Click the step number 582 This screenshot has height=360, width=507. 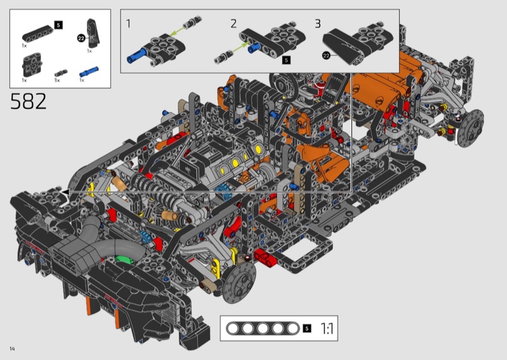[x=29, y=101]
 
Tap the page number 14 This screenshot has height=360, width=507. [x=12, y=349]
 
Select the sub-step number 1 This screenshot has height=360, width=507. [x=129, y=23]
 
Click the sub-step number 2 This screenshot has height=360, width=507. [x=233, y=23]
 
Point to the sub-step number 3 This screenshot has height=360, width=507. [x=318, y=23]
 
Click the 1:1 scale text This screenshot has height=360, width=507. [x=327, y=328]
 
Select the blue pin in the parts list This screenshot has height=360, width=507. [x=89, y=72]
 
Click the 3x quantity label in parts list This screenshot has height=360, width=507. [x=57, y=80]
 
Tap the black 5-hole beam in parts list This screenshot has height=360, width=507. [x=37, y=34]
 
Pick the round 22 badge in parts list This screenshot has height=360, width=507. [x=81, y=38]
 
